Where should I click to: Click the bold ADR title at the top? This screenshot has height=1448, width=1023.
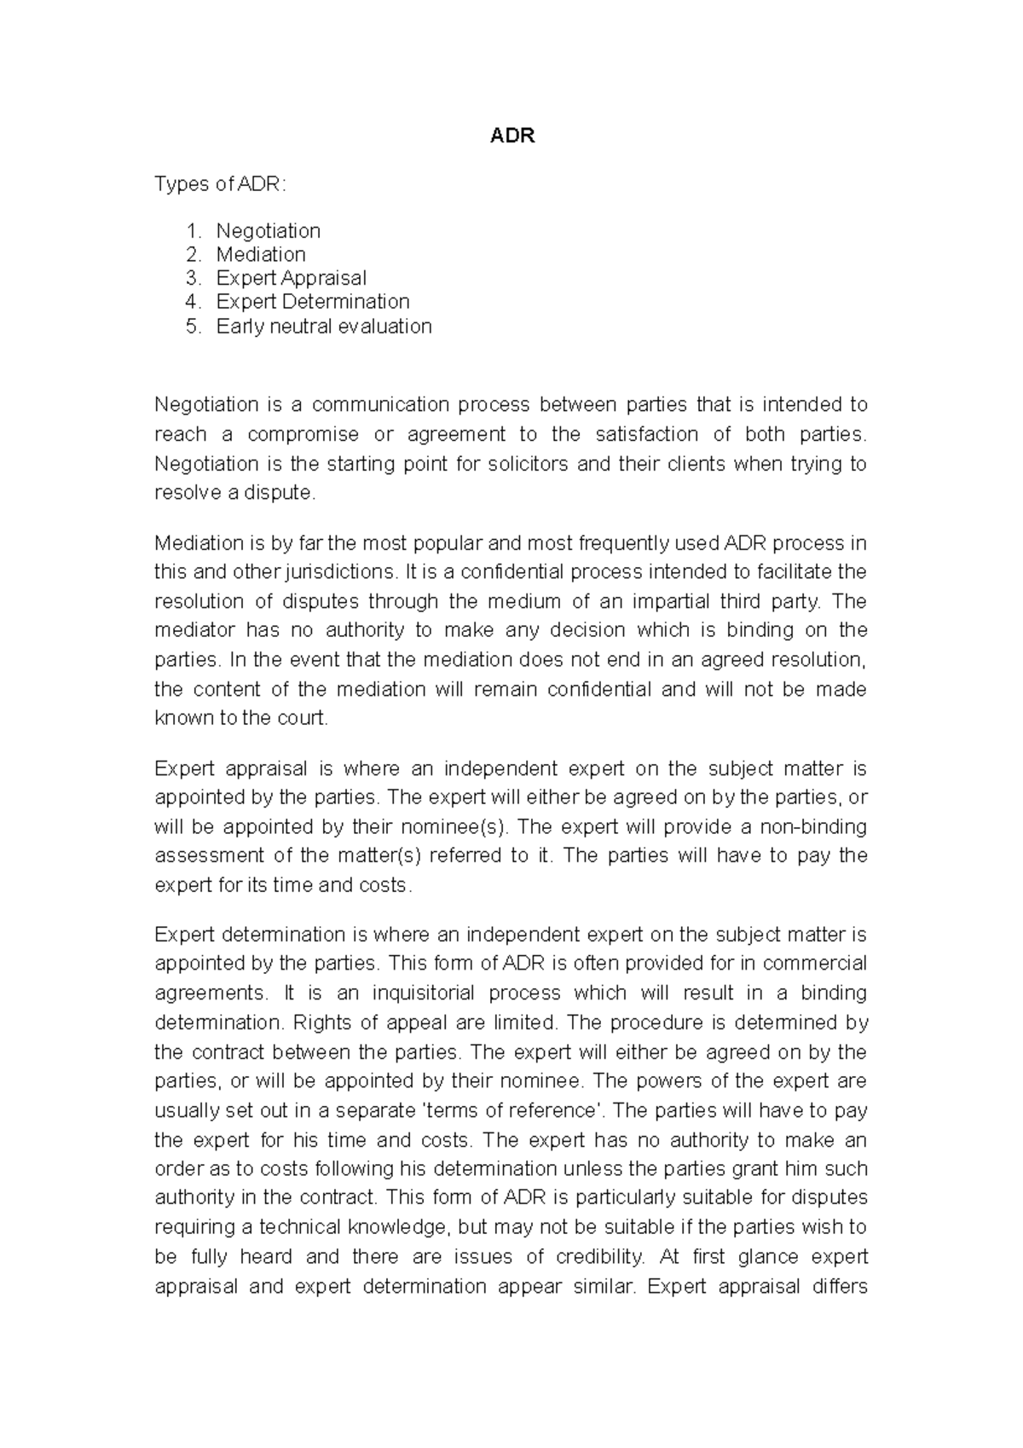512,136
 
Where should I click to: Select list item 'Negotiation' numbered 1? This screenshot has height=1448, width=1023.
268,231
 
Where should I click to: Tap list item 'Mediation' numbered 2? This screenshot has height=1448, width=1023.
260,254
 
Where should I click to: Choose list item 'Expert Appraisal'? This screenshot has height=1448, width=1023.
291,278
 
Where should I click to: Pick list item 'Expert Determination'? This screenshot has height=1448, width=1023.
312,302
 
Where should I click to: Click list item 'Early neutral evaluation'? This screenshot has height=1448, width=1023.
323,326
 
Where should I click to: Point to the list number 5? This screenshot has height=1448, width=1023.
193,326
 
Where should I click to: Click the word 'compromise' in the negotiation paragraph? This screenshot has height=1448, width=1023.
303,434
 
